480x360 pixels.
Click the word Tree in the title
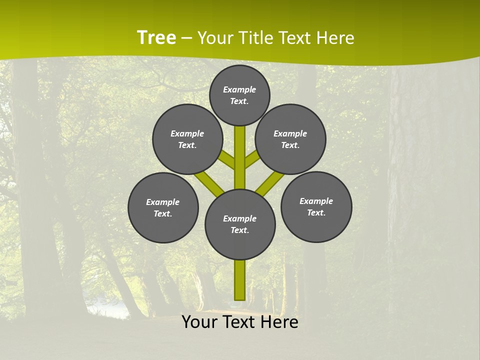pos(156,37)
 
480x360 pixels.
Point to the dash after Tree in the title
pos(186,38)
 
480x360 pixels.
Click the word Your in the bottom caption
pos(200,322)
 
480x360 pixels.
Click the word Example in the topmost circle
pos(239,89)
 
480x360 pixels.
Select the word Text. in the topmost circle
pos(239,101)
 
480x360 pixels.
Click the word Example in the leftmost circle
pos(162,202)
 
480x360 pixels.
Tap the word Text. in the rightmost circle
pos(316,212)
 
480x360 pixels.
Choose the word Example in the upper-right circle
pos(290,133)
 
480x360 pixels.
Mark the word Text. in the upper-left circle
pos(187,145)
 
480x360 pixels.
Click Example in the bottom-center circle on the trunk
pos(239,218)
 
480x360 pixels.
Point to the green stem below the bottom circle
pos(240,280)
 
